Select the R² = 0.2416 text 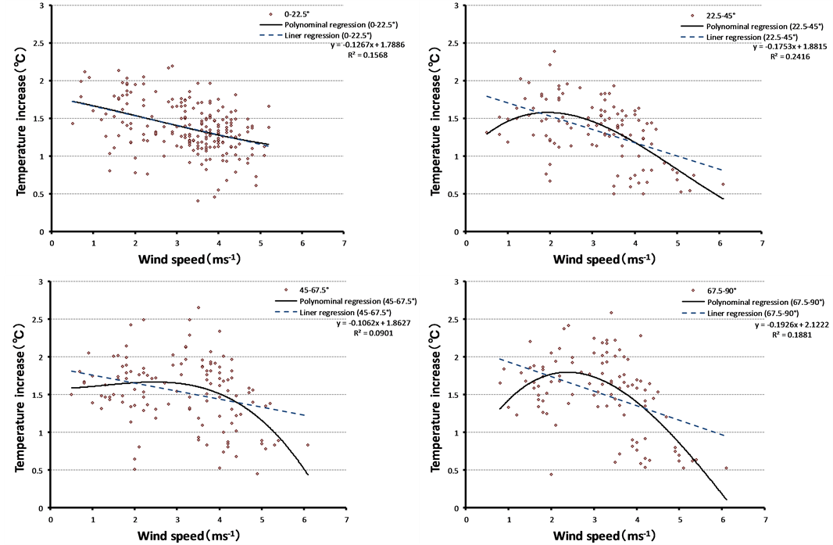785,57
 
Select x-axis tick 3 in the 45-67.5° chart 177,518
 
